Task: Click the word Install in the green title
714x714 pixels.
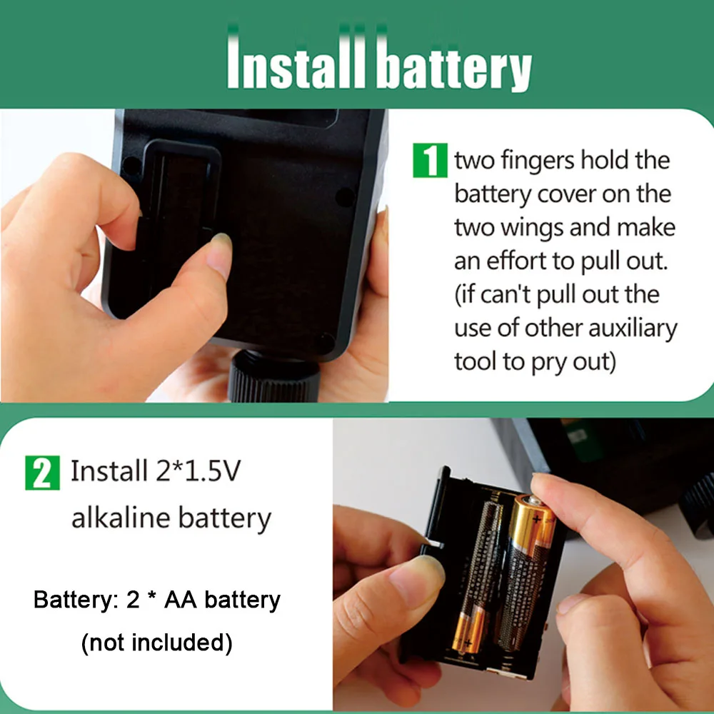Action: pos(296,64)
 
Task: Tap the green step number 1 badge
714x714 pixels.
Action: pos(430,160)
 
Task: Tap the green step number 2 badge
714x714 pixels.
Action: pos(42,473)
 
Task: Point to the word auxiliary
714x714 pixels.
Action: pos(633,328)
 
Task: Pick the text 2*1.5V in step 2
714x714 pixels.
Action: pos(198,471)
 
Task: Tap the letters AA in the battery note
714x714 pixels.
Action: pos(181,599)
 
